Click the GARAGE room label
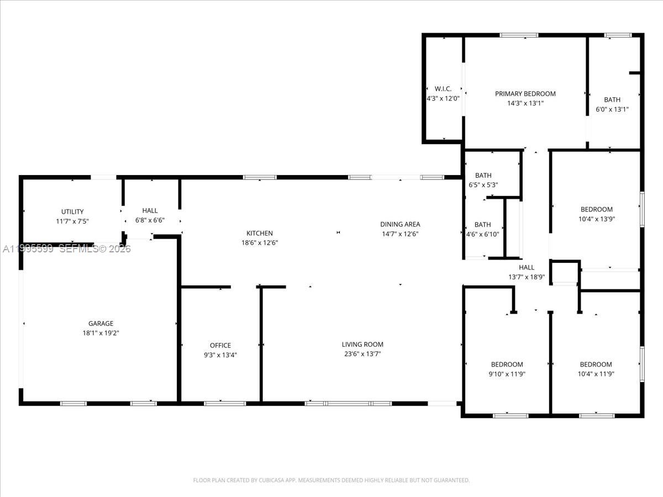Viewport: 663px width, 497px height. [x=101, y=324]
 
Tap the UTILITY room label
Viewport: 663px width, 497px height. [x=72, y=212]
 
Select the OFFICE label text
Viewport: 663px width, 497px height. [x=220, y=346]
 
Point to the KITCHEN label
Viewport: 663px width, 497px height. [x=260, y=234]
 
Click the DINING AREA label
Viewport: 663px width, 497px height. [x=400, y=224]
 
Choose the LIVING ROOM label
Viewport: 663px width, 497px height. [x=362, y=345]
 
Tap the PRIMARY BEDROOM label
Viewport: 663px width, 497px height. [x=525, y=94]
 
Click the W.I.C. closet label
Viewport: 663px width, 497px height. [x=443, y=89]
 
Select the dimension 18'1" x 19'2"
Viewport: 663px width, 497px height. [x=101, y=333]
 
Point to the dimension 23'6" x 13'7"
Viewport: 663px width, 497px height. [x=362, y=354]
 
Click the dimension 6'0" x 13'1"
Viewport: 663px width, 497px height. [x=612, y=109]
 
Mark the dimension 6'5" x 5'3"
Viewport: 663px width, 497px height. [x=483, y=185]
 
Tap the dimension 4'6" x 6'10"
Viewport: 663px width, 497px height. [x=483, y=234]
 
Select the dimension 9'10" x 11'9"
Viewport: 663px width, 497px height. [x=507, y=374]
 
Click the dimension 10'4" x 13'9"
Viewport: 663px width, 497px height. [x=596, y=219]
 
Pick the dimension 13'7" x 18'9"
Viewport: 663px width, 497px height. [x=527, y=277]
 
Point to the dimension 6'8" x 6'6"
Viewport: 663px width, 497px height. [x=150, y=220]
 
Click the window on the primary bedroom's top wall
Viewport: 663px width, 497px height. [x=519, y=35]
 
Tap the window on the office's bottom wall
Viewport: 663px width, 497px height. [x=225, y=403]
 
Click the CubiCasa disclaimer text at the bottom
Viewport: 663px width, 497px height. [x=331, y=480]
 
